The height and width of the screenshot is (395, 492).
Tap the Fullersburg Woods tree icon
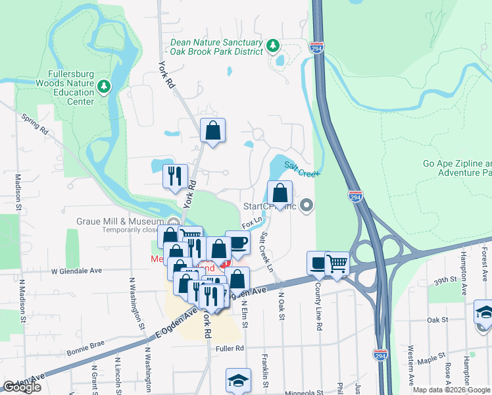[103, 86]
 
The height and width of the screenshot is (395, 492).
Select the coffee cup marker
[237, 242]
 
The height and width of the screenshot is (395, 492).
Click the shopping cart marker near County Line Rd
[337, 264]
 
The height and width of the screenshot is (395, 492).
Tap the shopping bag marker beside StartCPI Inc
[280, 193]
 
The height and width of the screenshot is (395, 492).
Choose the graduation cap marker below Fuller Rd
[238, 380]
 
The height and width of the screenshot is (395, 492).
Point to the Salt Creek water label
[302, 169]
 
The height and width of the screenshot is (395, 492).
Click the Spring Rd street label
[35, 124]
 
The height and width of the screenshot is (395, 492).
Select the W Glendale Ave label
[77, 271]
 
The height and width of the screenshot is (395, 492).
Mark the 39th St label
[445, 280]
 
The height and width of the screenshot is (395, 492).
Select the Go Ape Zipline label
[456, 168]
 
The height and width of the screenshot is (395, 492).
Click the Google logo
[22, 387]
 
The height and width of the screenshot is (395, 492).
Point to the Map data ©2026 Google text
[451, 390]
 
